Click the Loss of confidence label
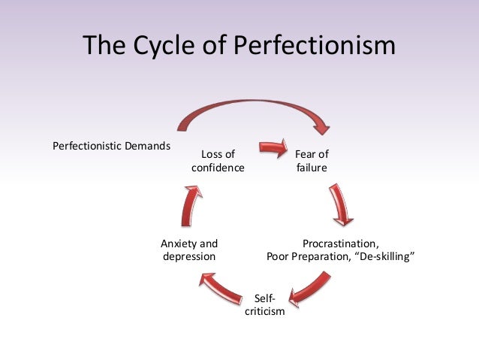[x=218, y=162]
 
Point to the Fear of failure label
[x=312, y=162]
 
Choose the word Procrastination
[x=339, y=244]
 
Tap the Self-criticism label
[x=265, y=305]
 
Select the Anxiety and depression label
[x=189, y=250]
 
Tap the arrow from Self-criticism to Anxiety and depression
[x=217, y=285]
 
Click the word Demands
[x=147, y=145]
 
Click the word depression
[x=189, y=257]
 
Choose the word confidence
[x=218, y=168]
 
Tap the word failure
[x=312, y=168]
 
